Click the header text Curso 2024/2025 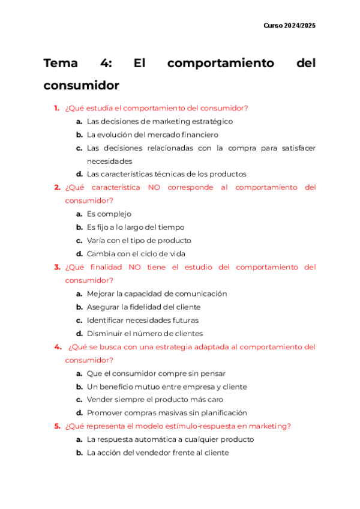(290, 26)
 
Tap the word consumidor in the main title (81, 85)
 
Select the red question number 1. (56, 108)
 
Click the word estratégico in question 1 (208, 121)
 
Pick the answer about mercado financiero (152, 134)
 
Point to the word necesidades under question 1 (109, 161)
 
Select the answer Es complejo (109, 214)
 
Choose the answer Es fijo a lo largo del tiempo (135, 227)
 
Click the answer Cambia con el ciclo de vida (136, 253)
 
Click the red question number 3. (56, 267)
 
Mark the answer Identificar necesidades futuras (142, 320)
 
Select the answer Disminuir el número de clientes (145, 333)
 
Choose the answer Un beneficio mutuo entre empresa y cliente (166, 387)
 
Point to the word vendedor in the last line (162, 453)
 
